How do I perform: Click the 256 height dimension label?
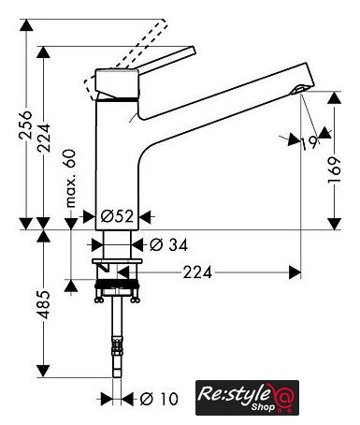[x=25, y=125]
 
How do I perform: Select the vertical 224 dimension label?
[x=44, y=138]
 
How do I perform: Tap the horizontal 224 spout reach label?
[x=197, y=272]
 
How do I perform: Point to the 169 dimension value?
[x=335, y=170]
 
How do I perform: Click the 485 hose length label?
[x=44, y=304]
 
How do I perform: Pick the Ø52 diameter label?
[x=117, y=216]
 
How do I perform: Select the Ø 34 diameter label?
[x=168, y=244]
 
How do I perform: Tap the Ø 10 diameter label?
[x=159, y=399]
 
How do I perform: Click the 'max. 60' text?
[x=71, y=179]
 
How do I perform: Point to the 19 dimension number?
[x=310, y=143]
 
